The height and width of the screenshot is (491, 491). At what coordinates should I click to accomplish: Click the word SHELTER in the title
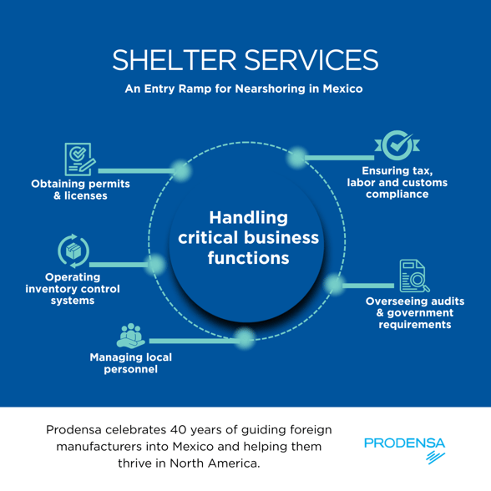click(x=177, y=58)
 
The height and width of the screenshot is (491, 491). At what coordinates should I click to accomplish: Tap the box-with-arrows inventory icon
click(x=73, y=250)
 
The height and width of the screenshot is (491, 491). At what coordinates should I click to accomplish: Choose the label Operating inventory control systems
click(x=73, y=287)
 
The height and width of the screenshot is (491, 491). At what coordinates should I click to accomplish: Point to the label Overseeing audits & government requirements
click(x=415, y=311)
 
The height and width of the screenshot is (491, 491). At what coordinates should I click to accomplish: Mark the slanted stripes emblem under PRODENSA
click(x=435, y=458)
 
